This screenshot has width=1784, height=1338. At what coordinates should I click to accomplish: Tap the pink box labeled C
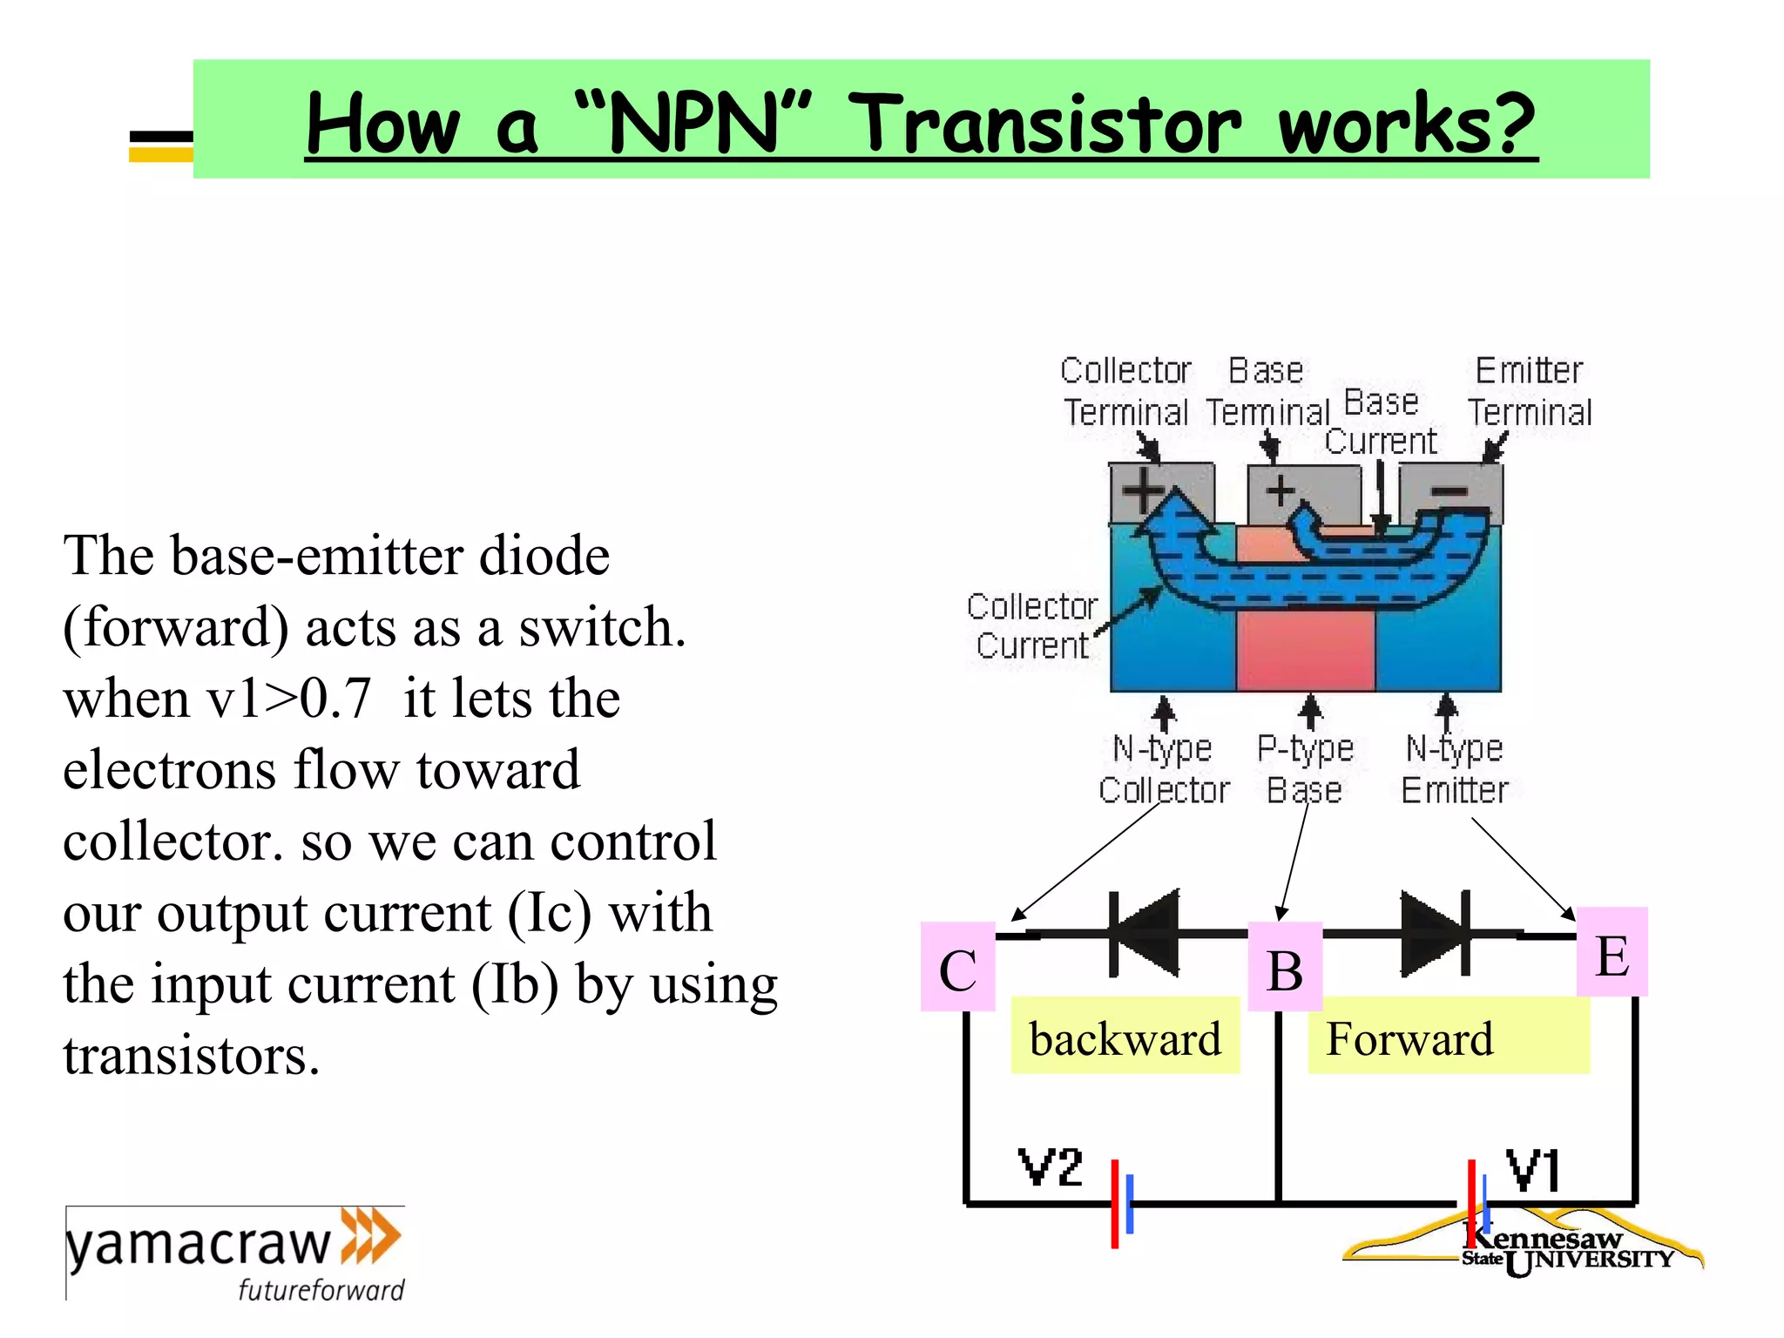click(x=957, y=967)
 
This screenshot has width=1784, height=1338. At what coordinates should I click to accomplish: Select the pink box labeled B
click(x=1285, y=967)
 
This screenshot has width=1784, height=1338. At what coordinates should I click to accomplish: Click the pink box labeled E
click(x=1612, y=952)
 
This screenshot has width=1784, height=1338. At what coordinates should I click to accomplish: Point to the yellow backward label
click(x=1125, y=1037)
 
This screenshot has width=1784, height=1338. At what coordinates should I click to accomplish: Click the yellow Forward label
click(x=1447, y=1037)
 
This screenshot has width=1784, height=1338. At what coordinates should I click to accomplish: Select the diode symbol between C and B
click(x=1144, y=933)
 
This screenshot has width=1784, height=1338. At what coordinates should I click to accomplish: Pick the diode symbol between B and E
click(x=1436, y=933)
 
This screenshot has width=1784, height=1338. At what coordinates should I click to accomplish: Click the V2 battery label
click(x=1051, y=1167)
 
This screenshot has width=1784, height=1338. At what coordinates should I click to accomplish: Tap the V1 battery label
click(x=1534, y=1170)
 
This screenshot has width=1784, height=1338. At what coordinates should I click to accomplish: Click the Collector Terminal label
click(x=1125, y=391)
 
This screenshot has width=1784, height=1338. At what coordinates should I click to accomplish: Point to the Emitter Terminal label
click(x=1530, y=391)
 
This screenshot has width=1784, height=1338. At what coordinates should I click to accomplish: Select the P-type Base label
click(x=1305, y=768)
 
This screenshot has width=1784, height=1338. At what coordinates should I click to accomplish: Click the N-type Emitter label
click(x=1455, y=768)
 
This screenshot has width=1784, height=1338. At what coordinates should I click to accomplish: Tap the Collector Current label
click(x=1032, y=625)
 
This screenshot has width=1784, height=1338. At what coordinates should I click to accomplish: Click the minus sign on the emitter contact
click(x=1450, y=492)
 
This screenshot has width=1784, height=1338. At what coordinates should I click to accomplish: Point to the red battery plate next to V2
click(x=1114, y=1204)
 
